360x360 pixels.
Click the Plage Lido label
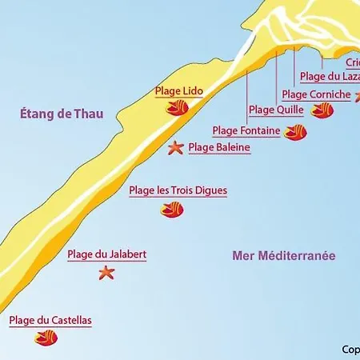pyautogui.click(x=179, y=91)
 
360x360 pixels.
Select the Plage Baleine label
pyautogui.click(x=219, y=147)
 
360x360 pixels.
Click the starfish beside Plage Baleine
pyautogui.click(x=175, y=147)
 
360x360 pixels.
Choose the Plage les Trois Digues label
pyautogui.click(x=178, y=190)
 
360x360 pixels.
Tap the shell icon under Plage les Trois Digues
pyautogui.click(x=172, y=210)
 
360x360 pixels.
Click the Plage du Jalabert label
pyautogui.click(x=106, y=254)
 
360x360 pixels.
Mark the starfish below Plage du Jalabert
pyautogui.click(x=106, y=273)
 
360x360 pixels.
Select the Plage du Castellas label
pyautogui.click(x=50, y=321)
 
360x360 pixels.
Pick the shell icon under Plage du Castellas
pyautogui.click(x=46, y=338)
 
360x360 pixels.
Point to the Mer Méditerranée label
pyautogui.click(x=283, y=256)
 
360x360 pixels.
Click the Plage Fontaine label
pyautogui.click(x=246, y=130)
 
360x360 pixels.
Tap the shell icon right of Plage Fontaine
pyautogui.click(x=295, y=132)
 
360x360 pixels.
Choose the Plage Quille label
pyautogui.click(x=272, y=110)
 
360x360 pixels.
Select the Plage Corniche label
pyautogui.click(x=316, y=94)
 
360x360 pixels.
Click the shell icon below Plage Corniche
pyautogui.click(x=322, y=110)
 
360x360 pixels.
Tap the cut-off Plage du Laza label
pyautogui.click(x=330, y=77)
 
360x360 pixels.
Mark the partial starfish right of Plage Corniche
pyautogui.click(x=357, y=97)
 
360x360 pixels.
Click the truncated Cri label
pyautogui.click(x=353, y=62)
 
